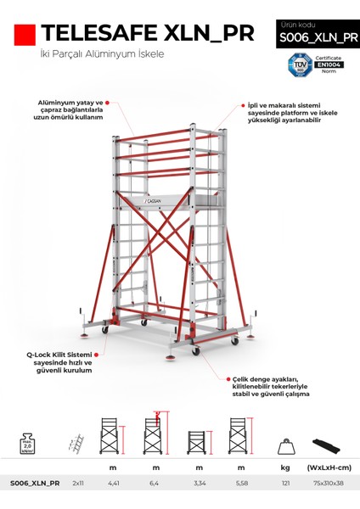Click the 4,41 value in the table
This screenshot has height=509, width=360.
[113, 483]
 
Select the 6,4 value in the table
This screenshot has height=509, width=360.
[155, 483]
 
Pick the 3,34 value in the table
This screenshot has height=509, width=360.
[197, 483]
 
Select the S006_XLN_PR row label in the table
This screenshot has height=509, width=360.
[35, 483]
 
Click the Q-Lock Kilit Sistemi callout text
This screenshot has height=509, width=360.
[59, 361]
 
